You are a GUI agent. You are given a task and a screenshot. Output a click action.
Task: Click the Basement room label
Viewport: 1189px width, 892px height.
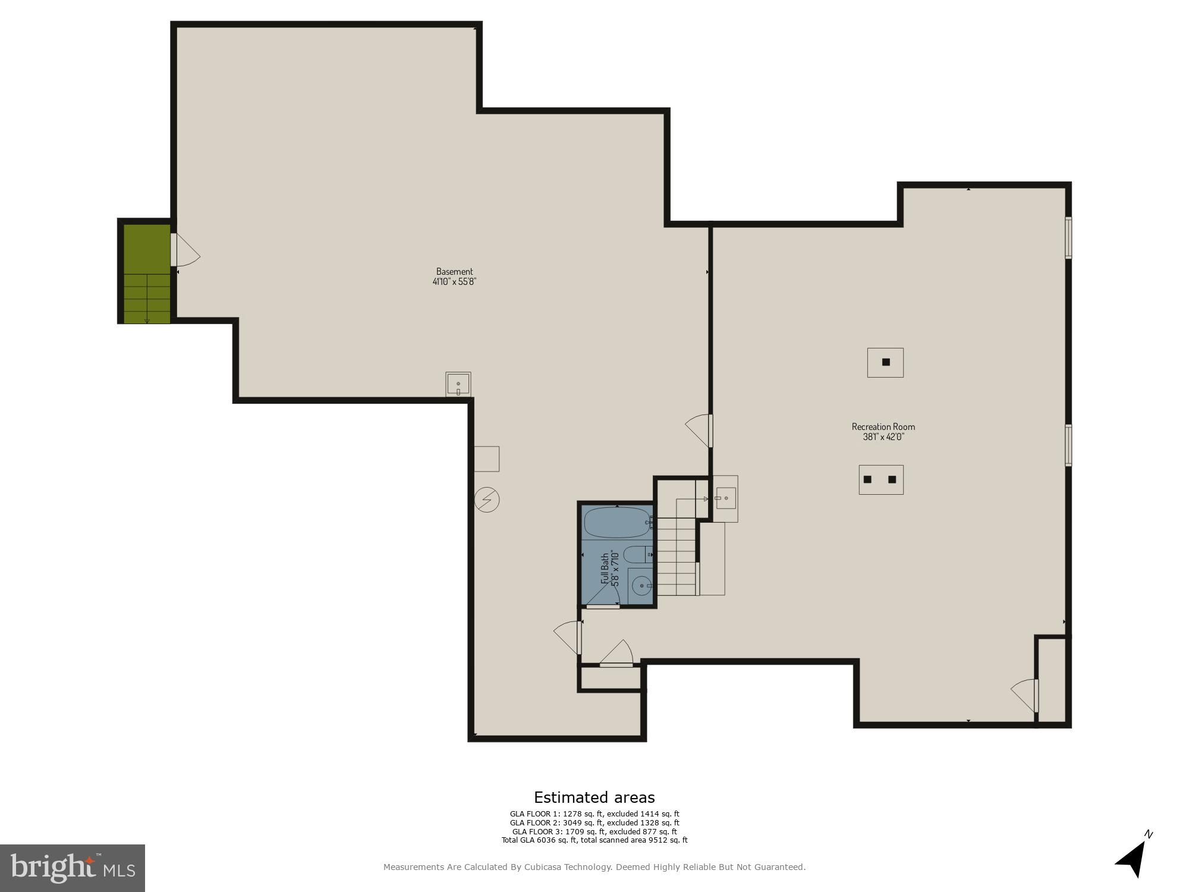[454, 277]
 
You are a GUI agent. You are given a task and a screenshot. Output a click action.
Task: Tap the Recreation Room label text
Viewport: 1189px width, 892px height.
[883, 431]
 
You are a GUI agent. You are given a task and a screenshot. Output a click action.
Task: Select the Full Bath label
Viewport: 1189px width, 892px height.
[610, 569]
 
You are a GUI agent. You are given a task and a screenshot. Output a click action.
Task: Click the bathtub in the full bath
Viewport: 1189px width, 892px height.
[617, 522]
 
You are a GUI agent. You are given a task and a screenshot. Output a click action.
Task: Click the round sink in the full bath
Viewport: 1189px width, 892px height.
[641, 586]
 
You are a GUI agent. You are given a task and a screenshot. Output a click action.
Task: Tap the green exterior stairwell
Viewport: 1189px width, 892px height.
[147, 274]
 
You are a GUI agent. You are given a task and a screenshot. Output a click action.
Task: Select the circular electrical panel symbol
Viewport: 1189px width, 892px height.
[487, 500]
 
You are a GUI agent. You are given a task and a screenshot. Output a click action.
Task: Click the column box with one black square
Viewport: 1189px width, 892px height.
[885, 362]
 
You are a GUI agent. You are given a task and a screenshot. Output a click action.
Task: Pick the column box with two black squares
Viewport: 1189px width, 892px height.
[880, 479]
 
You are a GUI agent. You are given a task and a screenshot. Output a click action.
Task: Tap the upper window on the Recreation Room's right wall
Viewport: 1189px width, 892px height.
[1068, 237]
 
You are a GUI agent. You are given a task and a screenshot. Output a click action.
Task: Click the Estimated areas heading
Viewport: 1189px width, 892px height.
[594, 797]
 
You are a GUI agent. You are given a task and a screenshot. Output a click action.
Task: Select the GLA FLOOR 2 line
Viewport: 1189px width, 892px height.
[594, 823]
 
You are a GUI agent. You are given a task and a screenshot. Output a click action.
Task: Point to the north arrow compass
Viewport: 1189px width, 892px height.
[1133, 857]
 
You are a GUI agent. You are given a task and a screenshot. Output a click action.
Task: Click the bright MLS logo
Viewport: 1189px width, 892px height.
[72, 868]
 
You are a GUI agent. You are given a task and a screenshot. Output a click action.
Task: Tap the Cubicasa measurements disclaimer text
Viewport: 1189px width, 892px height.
[594, 867]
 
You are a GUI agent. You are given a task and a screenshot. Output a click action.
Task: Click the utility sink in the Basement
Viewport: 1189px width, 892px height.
[458, 384]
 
